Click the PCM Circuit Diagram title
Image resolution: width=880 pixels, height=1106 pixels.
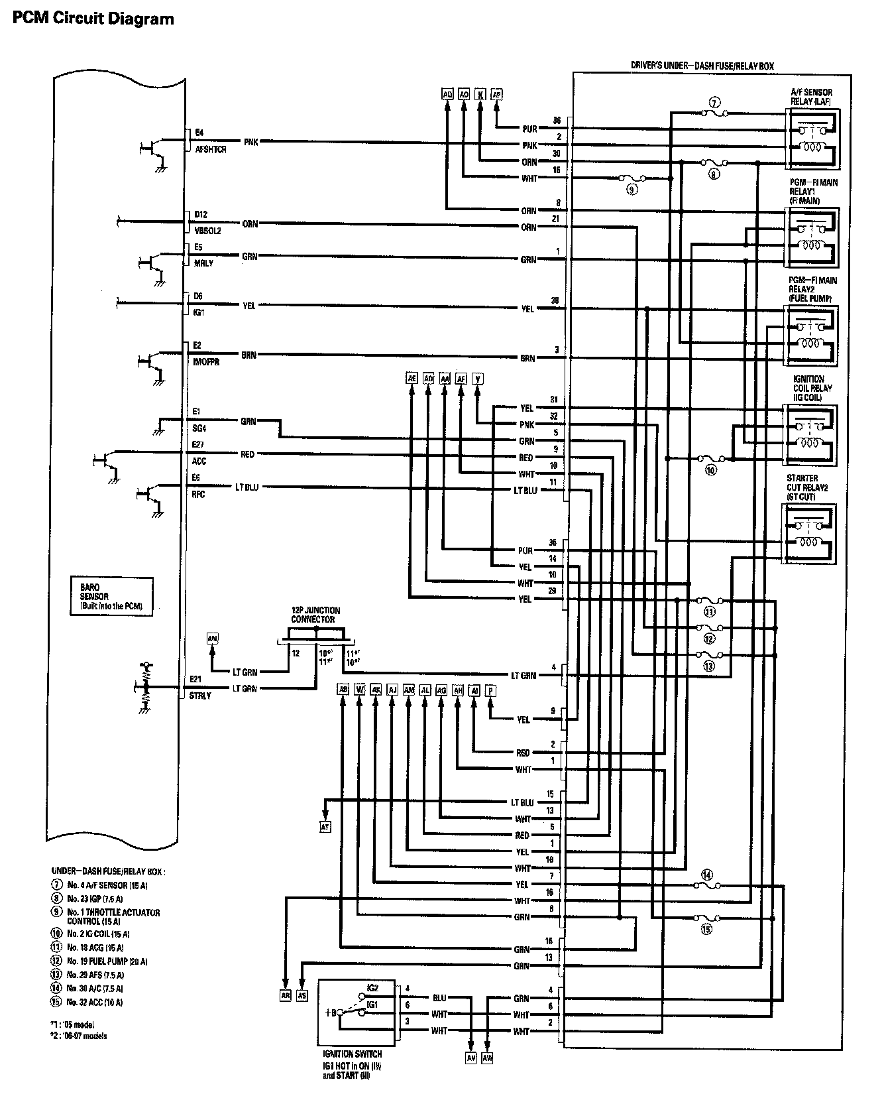tap(93, 19)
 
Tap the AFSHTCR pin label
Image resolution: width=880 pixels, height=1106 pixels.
tap(211, 150)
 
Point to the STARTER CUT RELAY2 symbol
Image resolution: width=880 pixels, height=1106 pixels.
tap(810, 533)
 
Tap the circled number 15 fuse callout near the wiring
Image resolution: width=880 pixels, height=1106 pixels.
tap(706, 930)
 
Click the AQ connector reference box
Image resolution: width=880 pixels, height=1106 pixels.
tap(447, 94)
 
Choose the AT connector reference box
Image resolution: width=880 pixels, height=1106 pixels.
tap(325, 827)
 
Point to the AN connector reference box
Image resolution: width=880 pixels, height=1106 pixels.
tap(212, 638)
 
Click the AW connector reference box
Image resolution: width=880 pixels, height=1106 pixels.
tap(488, 1058)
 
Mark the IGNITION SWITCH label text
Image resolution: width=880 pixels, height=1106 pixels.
tap(352, 1053)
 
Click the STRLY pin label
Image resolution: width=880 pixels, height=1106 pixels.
tap(200, 696)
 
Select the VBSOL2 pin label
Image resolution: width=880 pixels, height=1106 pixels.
tap(207, 231)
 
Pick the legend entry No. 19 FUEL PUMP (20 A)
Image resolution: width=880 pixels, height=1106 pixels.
tap(107, 961)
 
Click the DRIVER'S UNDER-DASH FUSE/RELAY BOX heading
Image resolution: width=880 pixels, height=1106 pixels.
tap(702, 66)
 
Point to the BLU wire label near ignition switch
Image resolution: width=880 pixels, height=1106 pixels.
tap(439, 997)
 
